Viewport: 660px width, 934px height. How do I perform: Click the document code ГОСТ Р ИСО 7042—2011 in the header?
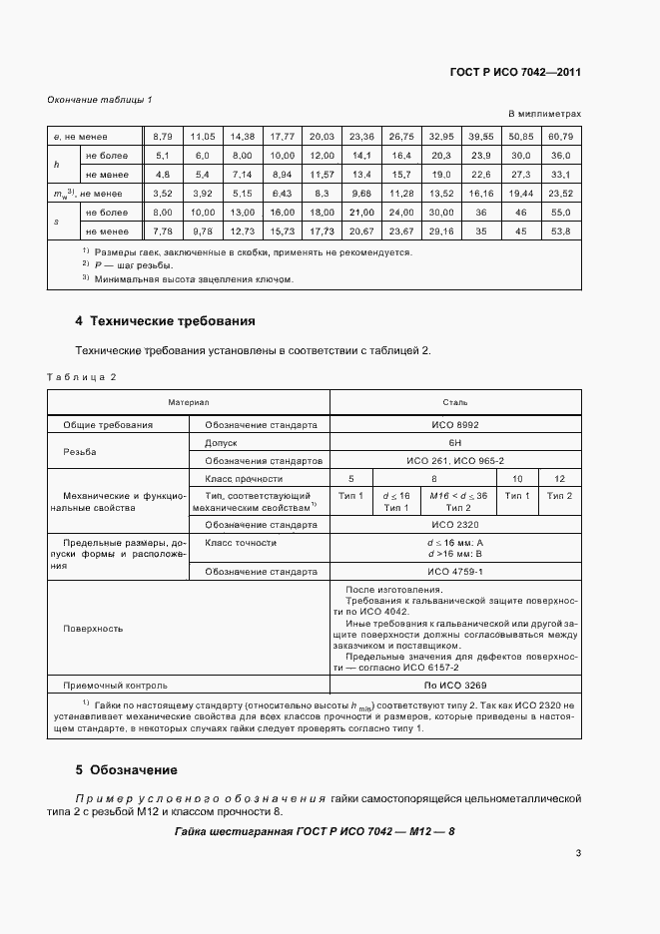point(517,73)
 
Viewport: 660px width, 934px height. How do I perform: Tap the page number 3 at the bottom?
point(578,852)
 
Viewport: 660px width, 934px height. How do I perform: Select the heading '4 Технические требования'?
point(166,321)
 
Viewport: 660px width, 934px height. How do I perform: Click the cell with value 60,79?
point(560,136)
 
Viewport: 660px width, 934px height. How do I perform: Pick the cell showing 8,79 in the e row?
point(163,136)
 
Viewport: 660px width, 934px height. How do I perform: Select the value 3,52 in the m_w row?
point(163,194)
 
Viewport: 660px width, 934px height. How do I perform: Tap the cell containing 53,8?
point(560,232)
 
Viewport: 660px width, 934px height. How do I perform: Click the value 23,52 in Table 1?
point(560,194)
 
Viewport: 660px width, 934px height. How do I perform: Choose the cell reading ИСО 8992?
point(455,424)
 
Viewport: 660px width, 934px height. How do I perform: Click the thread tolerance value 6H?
point(455,442)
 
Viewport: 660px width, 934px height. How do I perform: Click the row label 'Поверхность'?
point(93,629)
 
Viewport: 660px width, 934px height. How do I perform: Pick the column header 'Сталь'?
point(455,401)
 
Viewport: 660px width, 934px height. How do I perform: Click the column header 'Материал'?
point(188,401)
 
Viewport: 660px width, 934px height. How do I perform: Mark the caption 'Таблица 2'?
point(83,376)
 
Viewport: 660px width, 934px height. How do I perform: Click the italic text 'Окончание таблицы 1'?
point(100,100)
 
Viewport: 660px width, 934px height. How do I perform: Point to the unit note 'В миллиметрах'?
point(545,114)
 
